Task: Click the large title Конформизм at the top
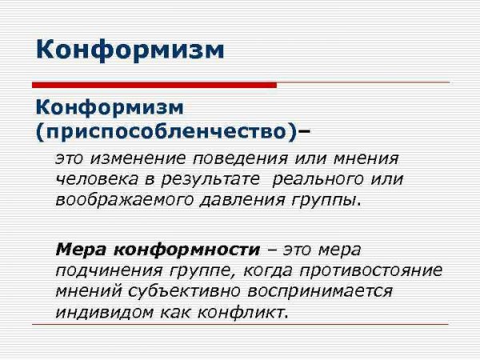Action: pyautogui.click(x=130, y=50)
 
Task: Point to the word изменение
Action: pyautogui.click(x=134, y=159)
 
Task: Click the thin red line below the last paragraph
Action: pyautogui.click(x=240, y=324)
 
